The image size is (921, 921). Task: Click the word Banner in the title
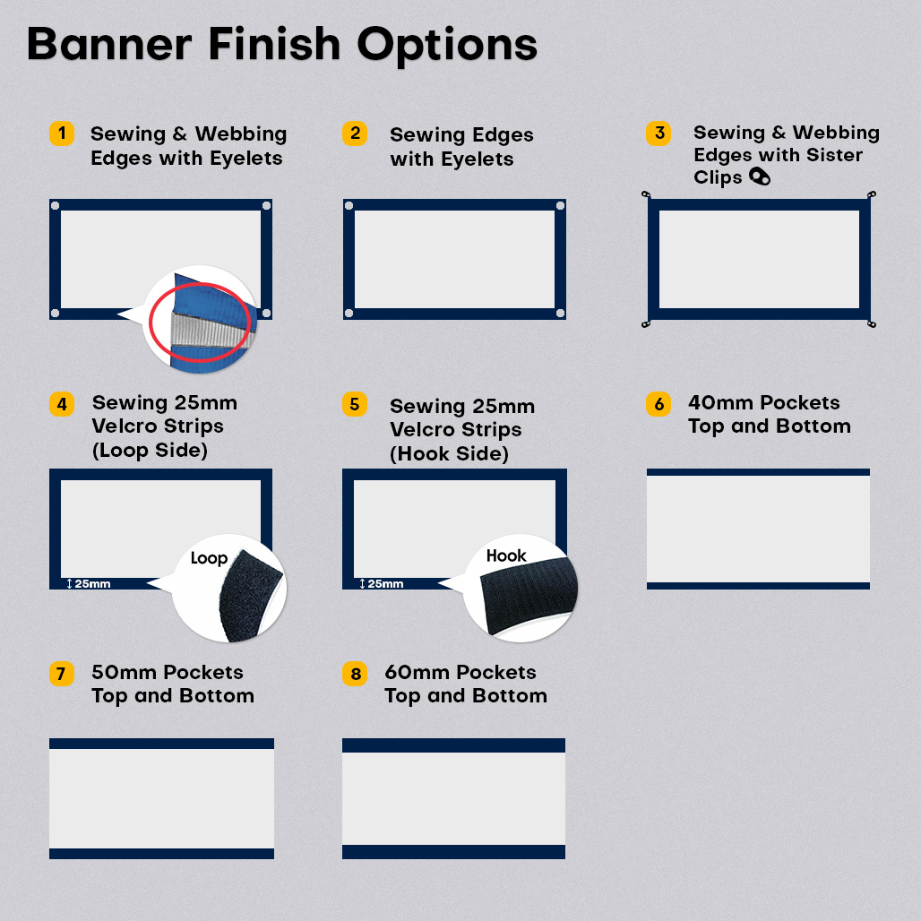coord(110,45)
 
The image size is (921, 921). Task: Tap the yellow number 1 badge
coord(62,133)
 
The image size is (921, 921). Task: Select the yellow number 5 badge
coord(355,404)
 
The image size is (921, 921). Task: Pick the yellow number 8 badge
coord(355,673)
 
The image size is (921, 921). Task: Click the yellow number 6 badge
coord(658,404)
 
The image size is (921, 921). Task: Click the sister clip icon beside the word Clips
coord(760,176)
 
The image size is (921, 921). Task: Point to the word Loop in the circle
coord(209,558)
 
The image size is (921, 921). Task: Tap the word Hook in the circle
coord(505,555)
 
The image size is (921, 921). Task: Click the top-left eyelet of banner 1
coord(56,205)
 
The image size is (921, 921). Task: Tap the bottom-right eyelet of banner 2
coord(560,313)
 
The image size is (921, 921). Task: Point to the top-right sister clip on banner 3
coord(872,194)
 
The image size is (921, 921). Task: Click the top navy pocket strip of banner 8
coord(453,745)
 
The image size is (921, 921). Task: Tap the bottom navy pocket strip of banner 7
coord(161,854)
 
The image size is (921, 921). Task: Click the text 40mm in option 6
coord(717,403)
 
